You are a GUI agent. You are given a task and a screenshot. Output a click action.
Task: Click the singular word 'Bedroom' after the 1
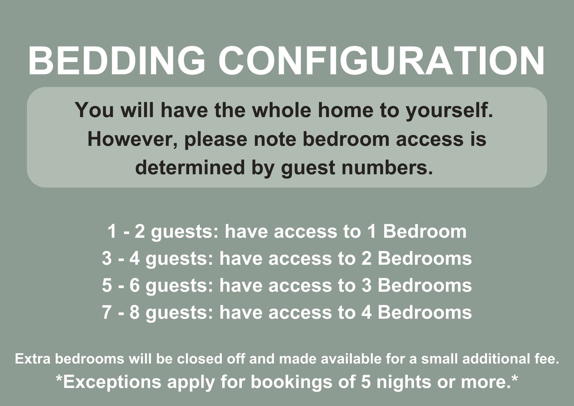point(425,231)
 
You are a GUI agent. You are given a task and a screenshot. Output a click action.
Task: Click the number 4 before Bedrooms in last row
point(367,312)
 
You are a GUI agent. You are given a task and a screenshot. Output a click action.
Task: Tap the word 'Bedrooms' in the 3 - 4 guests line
point(425,258)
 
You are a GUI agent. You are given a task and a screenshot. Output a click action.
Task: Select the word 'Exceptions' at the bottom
point(112,382)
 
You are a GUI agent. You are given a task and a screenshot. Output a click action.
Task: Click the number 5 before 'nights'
point(366,382)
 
